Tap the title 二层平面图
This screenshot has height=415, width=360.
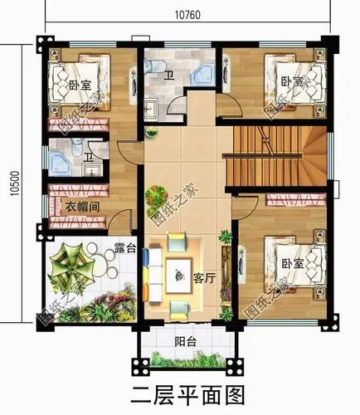pos(184,393)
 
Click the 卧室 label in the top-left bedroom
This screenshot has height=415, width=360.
pos(80,85)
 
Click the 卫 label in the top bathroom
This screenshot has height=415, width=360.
pos(168,76)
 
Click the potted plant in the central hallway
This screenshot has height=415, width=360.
pos(155,198)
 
